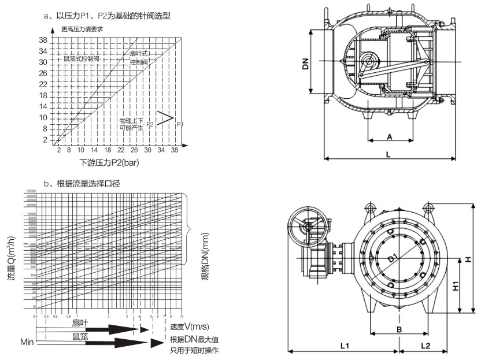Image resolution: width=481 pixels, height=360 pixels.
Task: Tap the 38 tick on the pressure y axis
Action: [x=43, y=40]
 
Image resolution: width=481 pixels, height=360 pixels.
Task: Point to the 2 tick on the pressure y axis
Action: [x=45, y=139]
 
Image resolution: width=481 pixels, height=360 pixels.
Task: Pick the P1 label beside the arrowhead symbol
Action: [x=180, y=124]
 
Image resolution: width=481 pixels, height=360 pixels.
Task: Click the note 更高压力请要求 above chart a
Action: [x=82, y=29]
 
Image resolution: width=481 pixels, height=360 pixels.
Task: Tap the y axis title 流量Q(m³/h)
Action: [x=12, y=258]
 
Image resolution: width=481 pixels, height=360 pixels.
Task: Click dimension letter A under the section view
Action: [x=390, y=137]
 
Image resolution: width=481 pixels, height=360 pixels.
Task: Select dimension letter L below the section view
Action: [x=388, y=155]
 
